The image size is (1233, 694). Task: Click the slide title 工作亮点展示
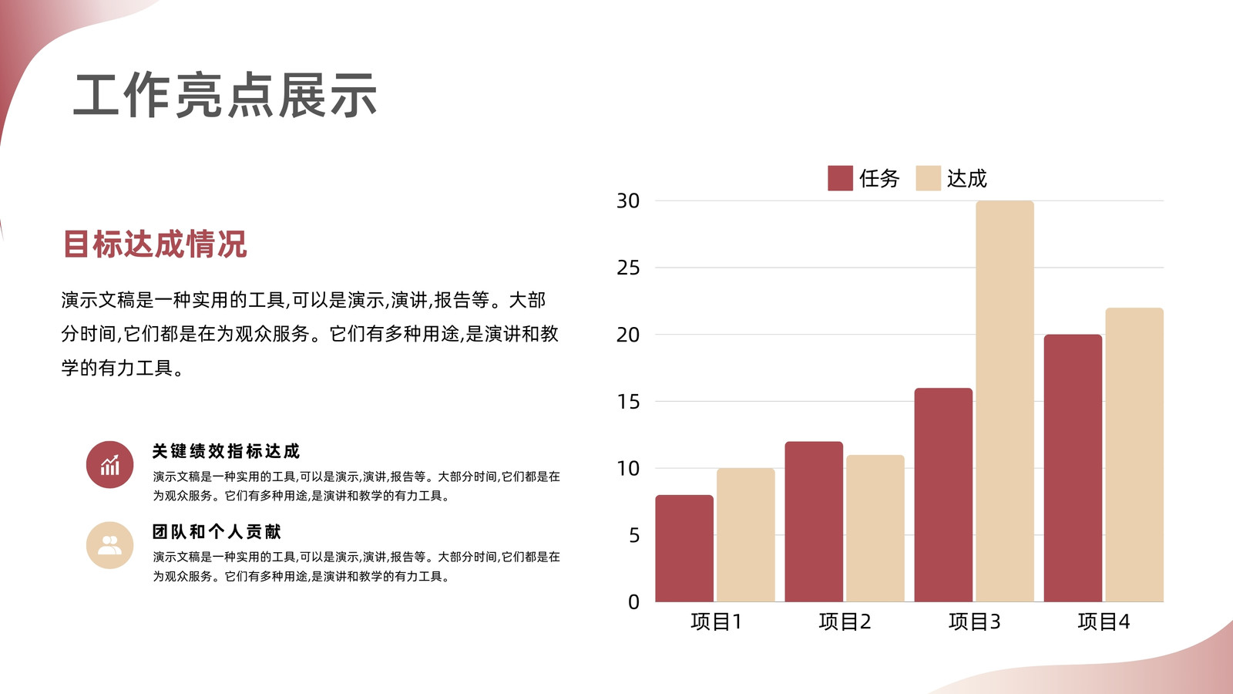[224, 96]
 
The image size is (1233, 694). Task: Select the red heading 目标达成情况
[155, 244]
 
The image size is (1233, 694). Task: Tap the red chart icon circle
[109, 464]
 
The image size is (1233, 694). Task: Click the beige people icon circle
[109, 545]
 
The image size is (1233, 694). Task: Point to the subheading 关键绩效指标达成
[226, 451]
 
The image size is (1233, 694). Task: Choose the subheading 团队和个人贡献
[217, 531]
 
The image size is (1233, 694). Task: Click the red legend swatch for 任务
[840, 178]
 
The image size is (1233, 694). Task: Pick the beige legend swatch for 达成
[928, 178]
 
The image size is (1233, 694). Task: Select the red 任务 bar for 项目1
[684, 548]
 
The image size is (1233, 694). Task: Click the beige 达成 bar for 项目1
[746, 535]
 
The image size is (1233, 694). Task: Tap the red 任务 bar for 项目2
[814, 521]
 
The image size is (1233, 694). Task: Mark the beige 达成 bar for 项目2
[875, 528]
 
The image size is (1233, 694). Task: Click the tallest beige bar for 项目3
[1005, 402]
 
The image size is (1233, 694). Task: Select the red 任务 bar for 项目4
[1073, 468]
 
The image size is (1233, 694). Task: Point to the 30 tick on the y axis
[628, 201]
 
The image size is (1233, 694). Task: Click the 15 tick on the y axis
[628, 402]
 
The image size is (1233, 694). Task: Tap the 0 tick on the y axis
[634, 602]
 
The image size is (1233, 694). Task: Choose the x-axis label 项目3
[974, 622]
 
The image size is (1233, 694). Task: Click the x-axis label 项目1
[716, 622]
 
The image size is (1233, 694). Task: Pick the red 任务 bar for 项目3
[943, 495]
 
